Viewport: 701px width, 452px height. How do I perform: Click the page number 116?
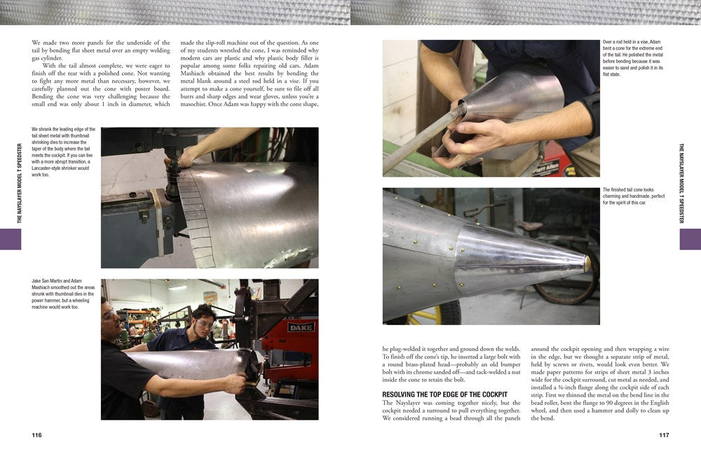click(36, 435)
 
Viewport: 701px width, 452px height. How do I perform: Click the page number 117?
click(664, 435)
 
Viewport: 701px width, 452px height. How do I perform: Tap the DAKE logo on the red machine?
click(300, 326)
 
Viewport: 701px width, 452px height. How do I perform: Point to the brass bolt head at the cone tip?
click(587, 263)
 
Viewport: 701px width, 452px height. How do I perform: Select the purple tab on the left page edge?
click(11, 239)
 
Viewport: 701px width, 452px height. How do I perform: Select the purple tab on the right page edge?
click(690, 239)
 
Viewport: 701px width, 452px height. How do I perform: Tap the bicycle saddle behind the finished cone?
click(528, 226)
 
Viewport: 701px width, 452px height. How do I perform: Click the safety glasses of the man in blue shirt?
click(204, 324)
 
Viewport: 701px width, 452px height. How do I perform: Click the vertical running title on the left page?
click(20, 183)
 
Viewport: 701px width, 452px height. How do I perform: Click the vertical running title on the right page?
click(681, 183)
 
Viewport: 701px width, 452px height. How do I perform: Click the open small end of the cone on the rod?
click(463, 109)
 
